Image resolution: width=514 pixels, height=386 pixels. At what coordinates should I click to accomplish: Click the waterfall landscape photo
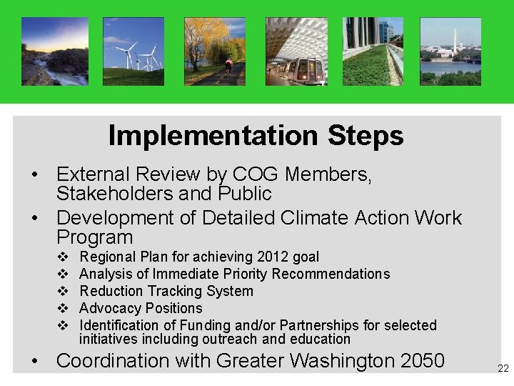[x=55, y=51]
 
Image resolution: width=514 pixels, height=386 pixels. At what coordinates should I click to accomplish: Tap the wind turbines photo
[x=133, y=51]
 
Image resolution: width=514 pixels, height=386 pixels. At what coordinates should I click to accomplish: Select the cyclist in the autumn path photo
[x=229, y=65]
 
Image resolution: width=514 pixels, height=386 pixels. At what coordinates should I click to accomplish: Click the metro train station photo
[x=296, y=51]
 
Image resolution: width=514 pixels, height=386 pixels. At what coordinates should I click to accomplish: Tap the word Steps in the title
[x=366, y=135]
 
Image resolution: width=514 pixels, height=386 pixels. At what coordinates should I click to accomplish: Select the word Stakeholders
[x=116, y=194]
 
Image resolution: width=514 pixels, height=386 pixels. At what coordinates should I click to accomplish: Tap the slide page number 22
[x=503, y=369]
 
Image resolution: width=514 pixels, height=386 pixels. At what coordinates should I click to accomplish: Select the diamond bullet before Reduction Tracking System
[x=62, y=291]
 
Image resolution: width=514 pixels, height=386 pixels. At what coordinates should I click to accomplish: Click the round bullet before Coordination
[x=34, y=361]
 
